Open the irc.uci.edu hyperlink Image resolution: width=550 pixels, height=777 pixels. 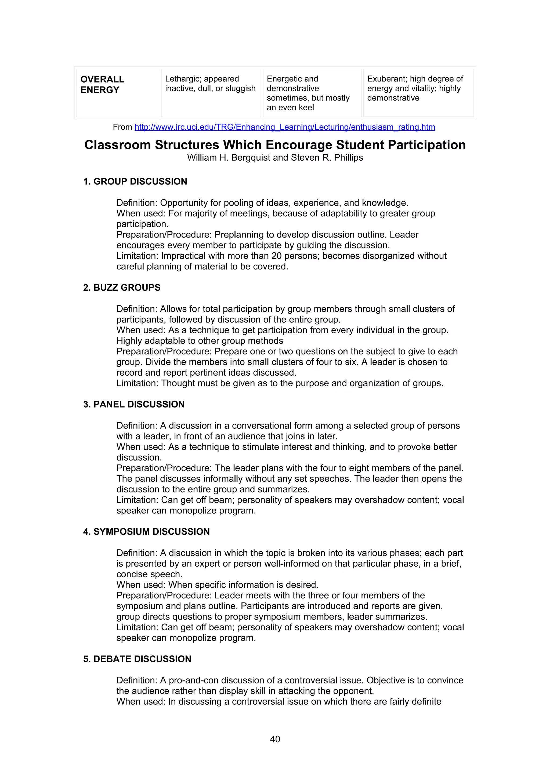point(285,127)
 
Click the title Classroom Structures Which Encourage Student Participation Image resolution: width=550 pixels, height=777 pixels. point(275,145)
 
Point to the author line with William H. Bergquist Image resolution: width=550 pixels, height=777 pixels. point(275,158)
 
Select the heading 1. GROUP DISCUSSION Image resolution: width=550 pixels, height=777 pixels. point(135,182)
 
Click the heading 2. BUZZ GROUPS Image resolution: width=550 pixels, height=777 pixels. point(122,288)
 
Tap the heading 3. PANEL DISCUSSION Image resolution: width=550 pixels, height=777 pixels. point(134,404)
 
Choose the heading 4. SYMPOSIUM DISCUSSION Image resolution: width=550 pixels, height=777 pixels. point(146,532)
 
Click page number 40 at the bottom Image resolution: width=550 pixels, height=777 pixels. point(275,739)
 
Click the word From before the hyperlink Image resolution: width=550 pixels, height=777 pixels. point(122,127)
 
